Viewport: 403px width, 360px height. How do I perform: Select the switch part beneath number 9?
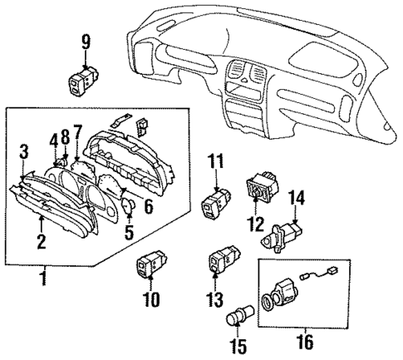[85, 80]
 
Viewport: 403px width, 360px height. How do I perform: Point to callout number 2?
[39, 243]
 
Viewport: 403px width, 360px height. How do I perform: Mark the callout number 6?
[148, 212]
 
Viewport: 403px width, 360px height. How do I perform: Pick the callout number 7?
[77, 131]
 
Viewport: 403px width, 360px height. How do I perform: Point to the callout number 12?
[253, 224]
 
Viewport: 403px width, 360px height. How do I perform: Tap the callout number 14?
[296, 198]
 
